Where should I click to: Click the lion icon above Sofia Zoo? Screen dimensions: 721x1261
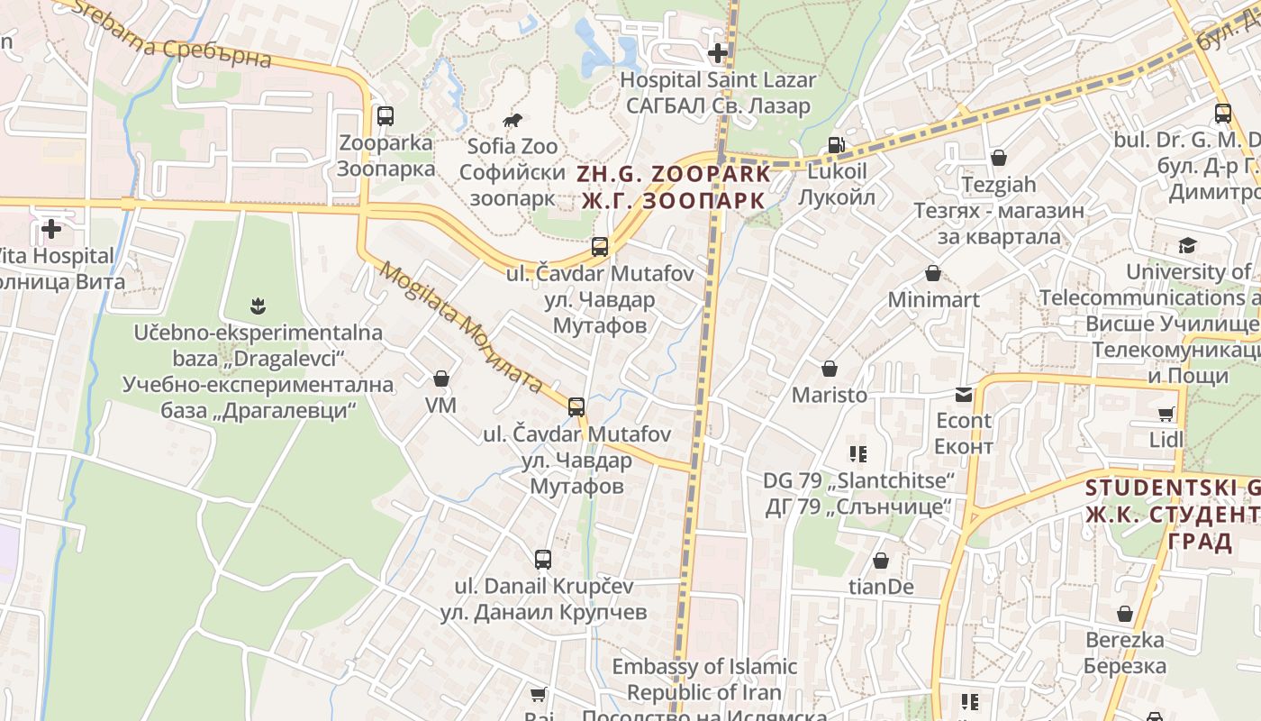(x=513, y=120)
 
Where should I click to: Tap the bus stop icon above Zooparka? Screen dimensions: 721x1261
(x=386, y=115)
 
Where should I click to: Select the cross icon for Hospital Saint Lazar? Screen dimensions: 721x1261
(x=718, y=53)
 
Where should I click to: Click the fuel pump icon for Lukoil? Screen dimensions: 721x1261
(x=836, y=145)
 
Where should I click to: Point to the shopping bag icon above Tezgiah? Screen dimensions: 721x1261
(x=998, y=158)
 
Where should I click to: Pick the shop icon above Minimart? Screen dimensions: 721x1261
(x=933, y=273)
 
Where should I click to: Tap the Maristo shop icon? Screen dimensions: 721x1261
(x=829, y=369)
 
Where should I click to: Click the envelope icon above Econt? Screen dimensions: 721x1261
(x=964, y=394)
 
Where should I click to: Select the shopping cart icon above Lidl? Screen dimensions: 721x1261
(x=1166, y=414)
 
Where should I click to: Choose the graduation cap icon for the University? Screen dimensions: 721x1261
(x=1187, y=245)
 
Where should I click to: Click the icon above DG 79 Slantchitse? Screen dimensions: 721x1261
(x=857, y=454)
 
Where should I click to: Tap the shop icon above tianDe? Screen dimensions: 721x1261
(x=881, y=561)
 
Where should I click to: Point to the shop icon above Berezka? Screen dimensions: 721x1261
(x=1124, y=614)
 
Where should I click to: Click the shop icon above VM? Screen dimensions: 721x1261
(x=441, y=379)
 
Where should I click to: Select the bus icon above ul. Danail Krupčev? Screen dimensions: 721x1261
(x=543, y=560)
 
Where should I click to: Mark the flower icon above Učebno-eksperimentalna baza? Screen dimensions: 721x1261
(x=259, y=306)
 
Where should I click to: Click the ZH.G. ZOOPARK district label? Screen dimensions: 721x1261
(x=675, y=187)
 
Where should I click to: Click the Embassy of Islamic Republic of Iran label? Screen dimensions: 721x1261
(x=704, y=680)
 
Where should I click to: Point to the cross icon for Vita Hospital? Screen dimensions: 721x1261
(x=51, y=229)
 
